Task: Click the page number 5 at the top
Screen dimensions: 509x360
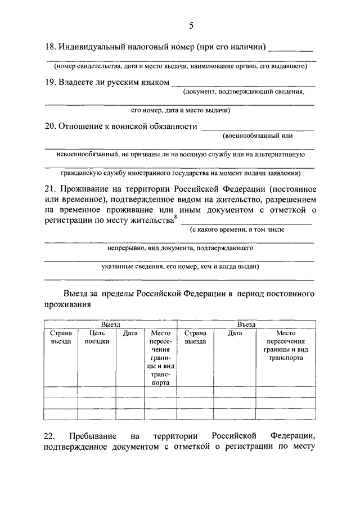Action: coord(191,26)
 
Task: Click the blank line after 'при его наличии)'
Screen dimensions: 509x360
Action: coord(291,50)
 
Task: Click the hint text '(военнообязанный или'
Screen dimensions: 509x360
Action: coord(258,136)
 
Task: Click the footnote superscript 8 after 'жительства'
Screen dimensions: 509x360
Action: coord(175,218)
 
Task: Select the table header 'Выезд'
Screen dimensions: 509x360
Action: coord(110,325)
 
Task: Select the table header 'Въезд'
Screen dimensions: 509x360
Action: coord(246,325)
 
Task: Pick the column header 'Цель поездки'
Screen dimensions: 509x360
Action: coord(97,337)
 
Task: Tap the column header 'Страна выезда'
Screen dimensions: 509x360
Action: coord(195,337)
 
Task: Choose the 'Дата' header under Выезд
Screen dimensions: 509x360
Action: coord(130,333)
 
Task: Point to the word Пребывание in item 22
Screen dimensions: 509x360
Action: coord(93,436)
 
